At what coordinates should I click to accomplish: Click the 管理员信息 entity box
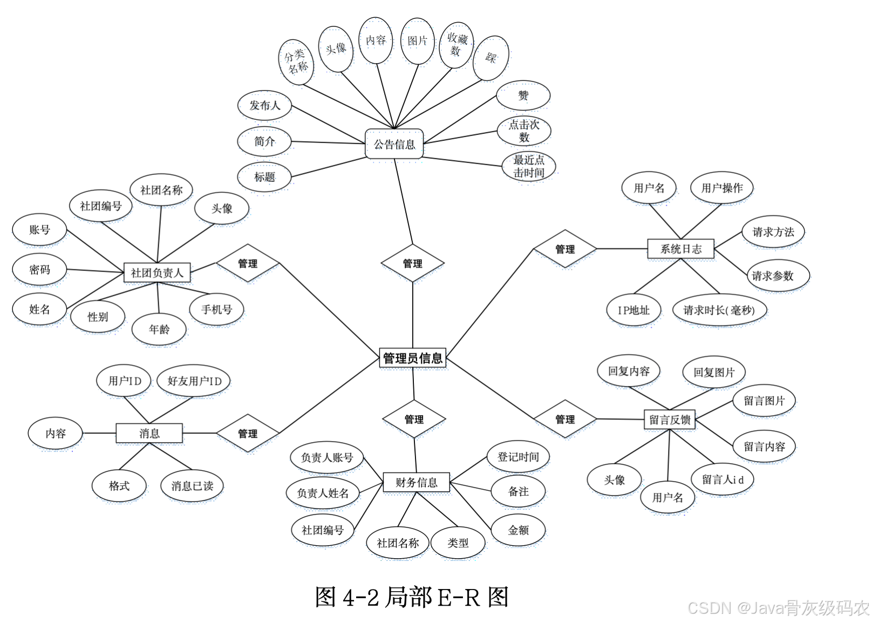(x=413, y=358)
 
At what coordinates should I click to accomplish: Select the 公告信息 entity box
(x=394, y=144)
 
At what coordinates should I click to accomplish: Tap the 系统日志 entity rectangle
(x=680, y=249)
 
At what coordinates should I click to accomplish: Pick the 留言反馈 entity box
(x=670, y=419)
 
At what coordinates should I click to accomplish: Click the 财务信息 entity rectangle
(x=416, y=482)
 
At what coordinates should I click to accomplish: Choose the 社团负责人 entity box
(x=157, y=273)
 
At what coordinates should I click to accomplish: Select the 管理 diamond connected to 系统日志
(x=565, y=249)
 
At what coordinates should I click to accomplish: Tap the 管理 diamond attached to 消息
(x=248, y=433)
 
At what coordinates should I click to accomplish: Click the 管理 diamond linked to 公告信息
(x=413, y=263)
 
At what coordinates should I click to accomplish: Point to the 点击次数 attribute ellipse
(x=524, y=131)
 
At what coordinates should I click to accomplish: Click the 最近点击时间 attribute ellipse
(x=529, y=166)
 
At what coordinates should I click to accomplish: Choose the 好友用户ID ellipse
(x=194, y=381)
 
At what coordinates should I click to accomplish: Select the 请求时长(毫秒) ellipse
(x=719, y=310)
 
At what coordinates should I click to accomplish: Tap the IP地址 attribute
(x=633, y=310)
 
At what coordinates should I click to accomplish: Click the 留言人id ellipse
(x=723, y=479)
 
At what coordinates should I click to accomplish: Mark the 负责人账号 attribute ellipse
(x=327, y=457)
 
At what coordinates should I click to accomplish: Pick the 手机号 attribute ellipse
(x=216, y=309)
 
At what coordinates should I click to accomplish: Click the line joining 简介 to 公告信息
(x=328, y=143)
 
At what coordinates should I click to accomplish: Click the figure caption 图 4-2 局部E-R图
(x=412, y=597)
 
